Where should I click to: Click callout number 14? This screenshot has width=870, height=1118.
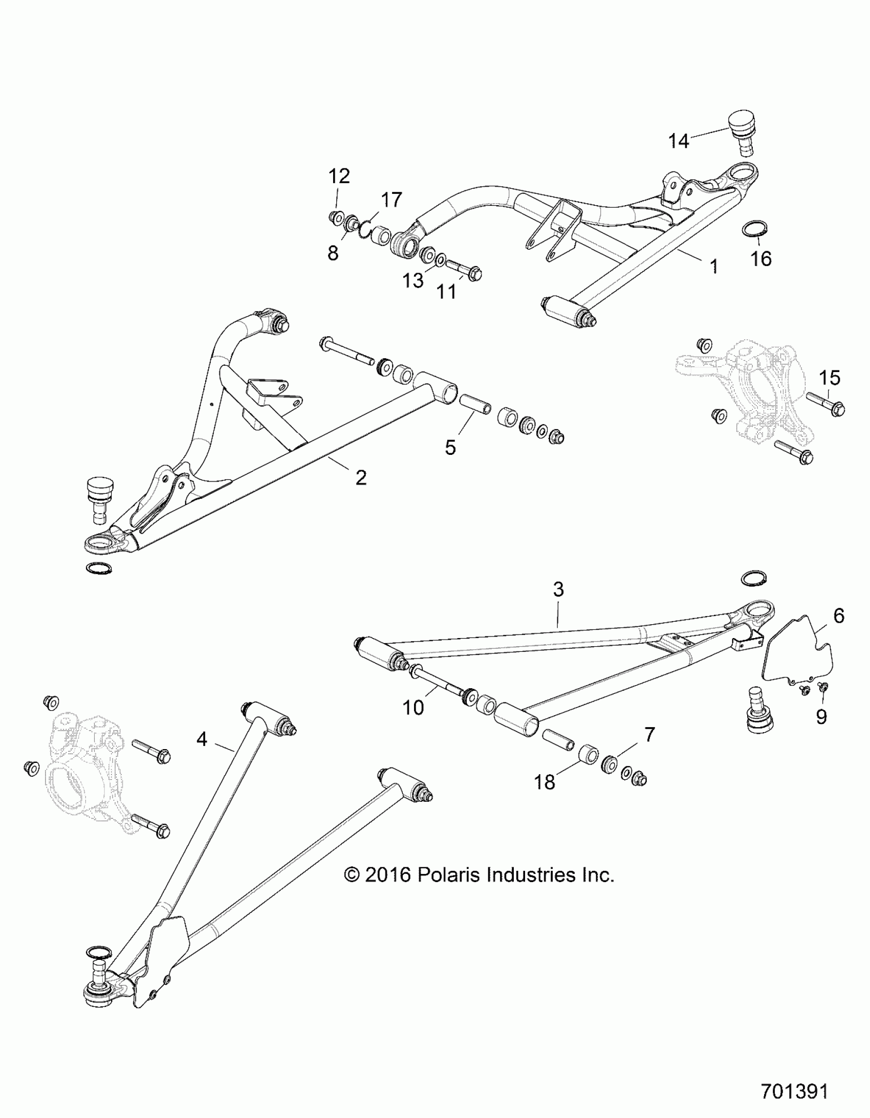679,141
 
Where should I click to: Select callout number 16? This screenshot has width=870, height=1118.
760,258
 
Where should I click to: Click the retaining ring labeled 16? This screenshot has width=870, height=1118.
755,228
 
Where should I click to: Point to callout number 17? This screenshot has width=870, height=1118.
391,200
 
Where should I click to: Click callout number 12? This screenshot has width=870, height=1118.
339,176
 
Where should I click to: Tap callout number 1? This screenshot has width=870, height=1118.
713,266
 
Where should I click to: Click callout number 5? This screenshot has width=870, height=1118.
450,447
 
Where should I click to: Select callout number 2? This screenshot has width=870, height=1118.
361,477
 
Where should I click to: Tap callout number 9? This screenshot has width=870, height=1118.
821,717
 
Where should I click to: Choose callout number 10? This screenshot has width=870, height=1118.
413,708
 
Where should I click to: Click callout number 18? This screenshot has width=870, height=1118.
545,782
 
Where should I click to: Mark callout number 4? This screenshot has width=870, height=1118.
202,739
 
